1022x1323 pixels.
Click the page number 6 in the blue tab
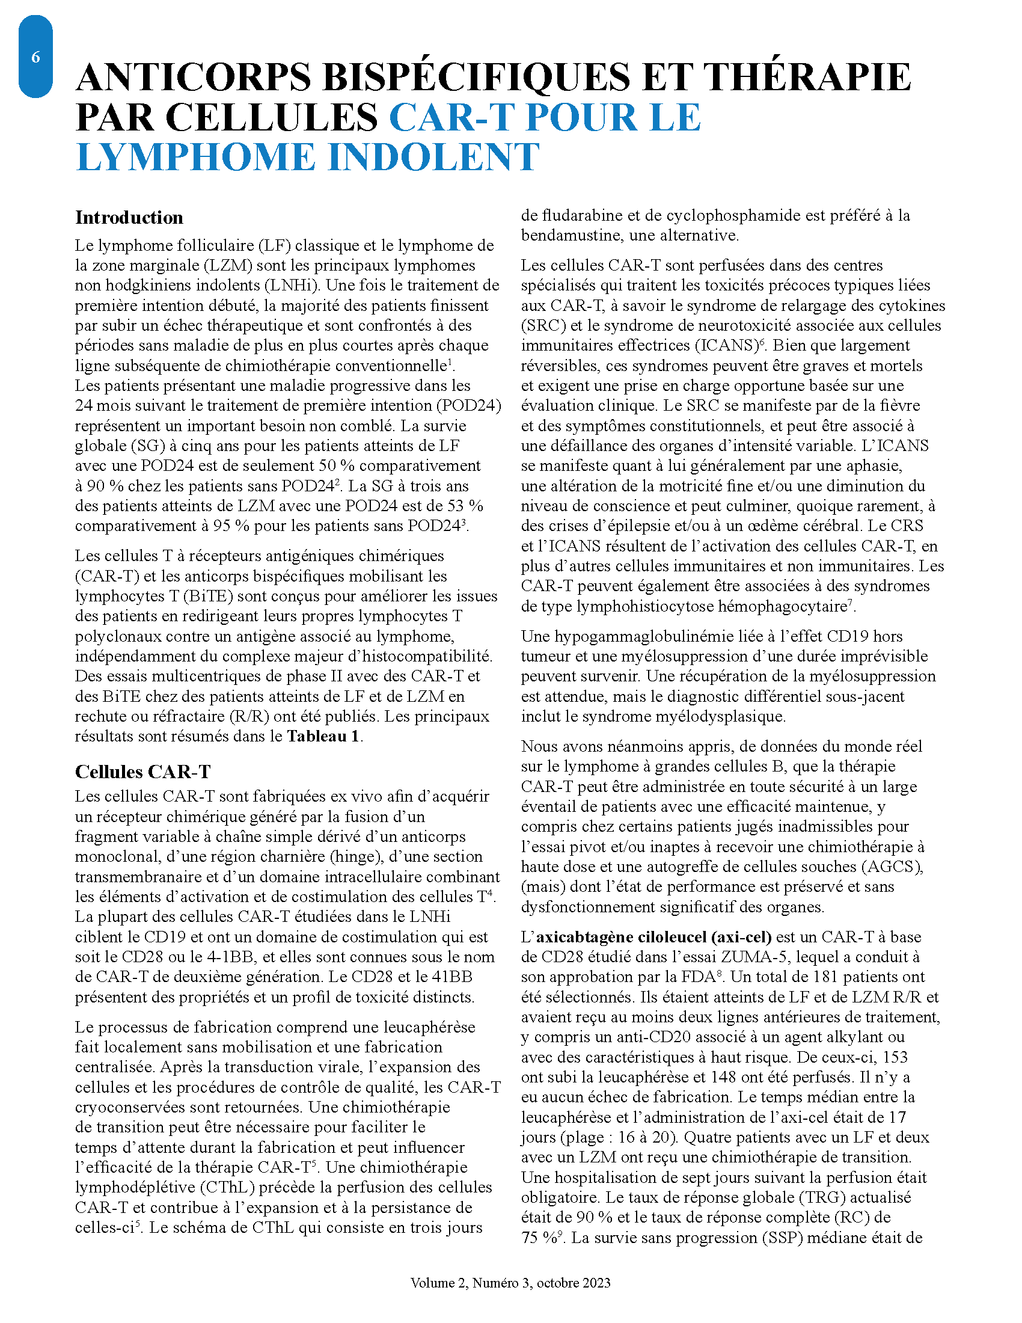pyautogui.click(x=35, y=57)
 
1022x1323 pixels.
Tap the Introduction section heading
pyautogui.click(x=129, y=218)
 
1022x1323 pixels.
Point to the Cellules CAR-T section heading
pyautogui.click(x=143, y=772)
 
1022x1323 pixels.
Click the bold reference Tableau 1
pyautogui.click(x=323, y=737)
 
